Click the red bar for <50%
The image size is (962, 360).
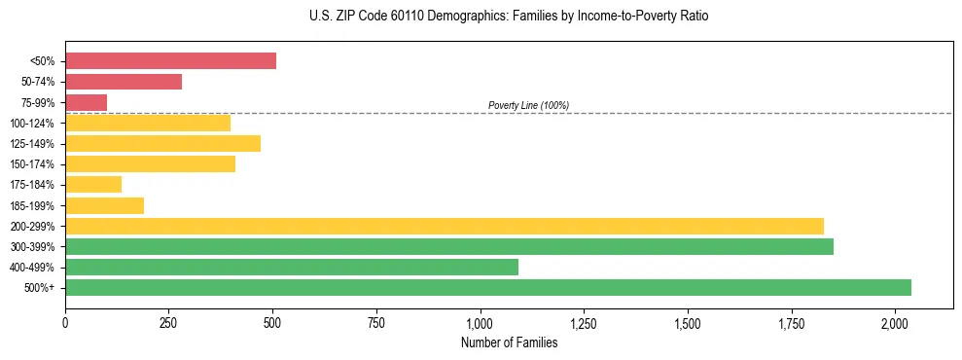click(x=170, y=61)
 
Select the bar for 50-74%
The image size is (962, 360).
click(x=124, y=82)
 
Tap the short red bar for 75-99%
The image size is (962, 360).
click(x=86, y=102)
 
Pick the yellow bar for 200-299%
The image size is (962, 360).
click(x=445, y=226)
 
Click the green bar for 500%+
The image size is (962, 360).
click(x=488, y=287)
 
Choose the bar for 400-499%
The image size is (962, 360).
click(x=292, y=267)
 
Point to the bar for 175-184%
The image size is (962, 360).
click(x=93, y=185)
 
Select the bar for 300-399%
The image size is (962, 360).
click(x=449, y=246)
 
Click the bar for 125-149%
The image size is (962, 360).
click(x=162, y=144)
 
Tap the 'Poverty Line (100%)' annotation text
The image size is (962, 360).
click(x=528, y=105)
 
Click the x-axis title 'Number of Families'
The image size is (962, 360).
click(x=509, y=342)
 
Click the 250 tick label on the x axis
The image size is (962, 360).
click(x=169, y=322)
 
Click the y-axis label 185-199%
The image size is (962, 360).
click(x=32, y=205)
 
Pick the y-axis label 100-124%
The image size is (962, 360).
click(x=32, y=124)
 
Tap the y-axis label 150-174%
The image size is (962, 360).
click(x=32, y=164)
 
